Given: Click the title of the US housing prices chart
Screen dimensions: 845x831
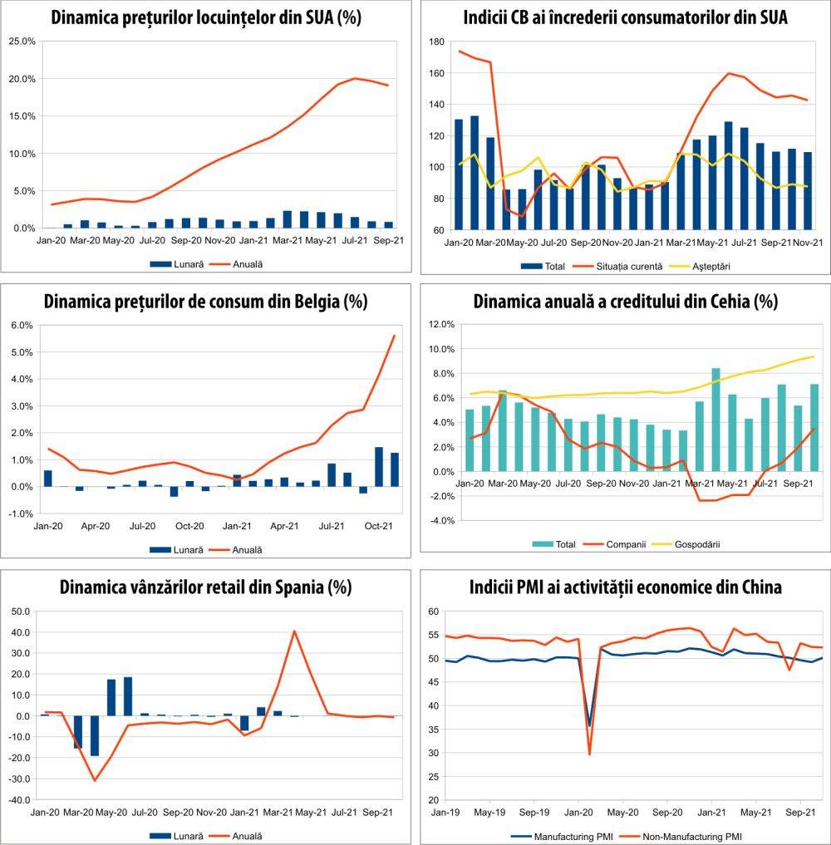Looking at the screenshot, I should click(x=205, y=17).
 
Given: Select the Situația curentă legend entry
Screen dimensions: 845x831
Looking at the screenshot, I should click(x=636, y=266).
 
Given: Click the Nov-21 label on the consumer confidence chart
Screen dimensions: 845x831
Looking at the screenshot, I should click(x=808, y=243).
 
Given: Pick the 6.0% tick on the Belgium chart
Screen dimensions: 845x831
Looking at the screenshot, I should click(x=22, y=326).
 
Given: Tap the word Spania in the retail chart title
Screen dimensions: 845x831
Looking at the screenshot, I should click(x=291, y=587).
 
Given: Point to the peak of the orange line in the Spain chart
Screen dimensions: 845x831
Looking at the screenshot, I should click(x=294, y=631).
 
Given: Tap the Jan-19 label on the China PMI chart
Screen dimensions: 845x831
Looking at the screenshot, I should click(x=447, y=812).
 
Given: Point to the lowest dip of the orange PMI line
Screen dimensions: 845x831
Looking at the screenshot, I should click(x=590, y=754).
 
